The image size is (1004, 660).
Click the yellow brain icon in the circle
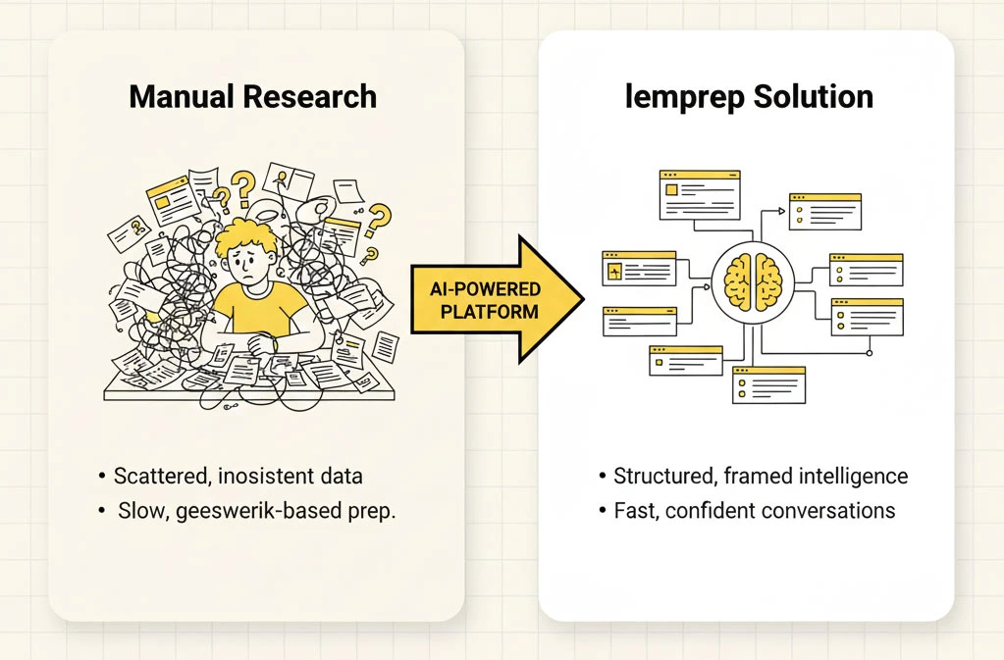click(x=750, y=278)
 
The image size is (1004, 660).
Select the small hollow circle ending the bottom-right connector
click(x=869, y=352)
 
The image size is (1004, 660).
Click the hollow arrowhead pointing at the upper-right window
click(x=781, y=210)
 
